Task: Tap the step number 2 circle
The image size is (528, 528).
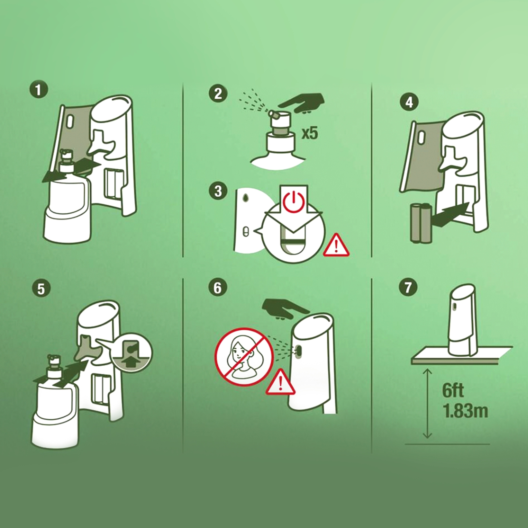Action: click(x=218, y=94)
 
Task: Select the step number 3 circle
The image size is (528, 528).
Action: click(x=218, y=191)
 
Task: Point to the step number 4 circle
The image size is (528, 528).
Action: click(x=409, y=102)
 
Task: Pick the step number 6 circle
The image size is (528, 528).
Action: click(x=218, y=288)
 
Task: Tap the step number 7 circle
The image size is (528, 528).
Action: click(x=408, y=288)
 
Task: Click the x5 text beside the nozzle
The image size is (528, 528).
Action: click(x=310, y=134)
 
